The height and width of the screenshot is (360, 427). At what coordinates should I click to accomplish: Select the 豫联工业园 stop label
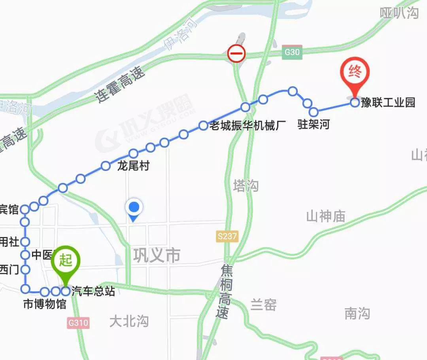388,103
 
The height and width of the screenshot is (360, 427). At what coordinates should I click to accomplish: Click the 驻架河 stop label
314,125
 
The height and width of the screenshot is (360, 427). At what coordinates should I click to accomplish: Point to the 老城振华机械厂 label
248,126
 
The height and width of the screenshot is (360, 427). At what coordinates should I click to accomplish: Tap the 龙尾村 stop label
133,166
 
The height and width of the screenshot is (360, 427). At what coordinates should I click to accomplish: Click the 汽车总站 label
93,292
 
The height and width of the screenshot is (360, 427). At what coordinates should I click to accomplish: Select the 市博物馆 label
45,305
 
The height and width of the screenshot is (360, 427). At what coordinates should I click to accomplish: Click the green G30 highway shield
292,52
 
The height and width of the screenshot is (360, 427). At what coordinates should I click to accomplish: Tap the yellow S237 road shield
227,237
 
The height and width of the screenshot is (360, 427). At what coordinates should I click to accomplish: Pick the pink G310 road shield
78,323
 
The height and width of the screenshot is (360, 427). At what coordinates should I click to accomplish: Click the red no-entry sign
236,53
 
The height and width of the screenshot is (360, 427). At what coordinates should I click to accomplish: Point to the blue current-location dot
134,207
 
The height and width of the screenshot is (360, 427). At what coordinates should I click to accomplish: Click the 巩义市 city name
157,256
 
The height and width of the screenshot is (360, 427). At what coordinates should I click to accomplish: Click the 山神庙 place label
325,216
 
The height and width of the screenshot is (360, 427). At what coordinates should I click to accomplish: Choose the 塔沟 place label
246,186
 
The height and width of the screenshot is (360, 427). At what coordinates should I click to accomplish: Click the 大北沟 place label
129,321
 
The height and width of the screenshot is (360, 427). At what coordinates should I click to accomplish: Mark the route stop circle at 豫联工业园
355,103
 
